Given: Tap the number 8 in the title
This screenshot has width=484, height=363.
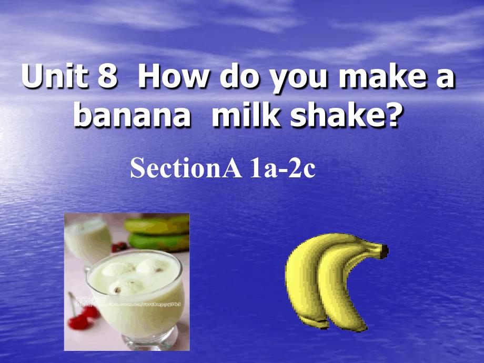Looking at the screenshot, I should (105, 78).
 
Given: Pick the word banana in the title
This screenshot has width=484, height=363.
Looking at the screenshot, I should (132, 116).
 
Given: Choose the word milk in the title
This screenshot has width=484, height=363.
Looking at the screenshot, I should (241, 116).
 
